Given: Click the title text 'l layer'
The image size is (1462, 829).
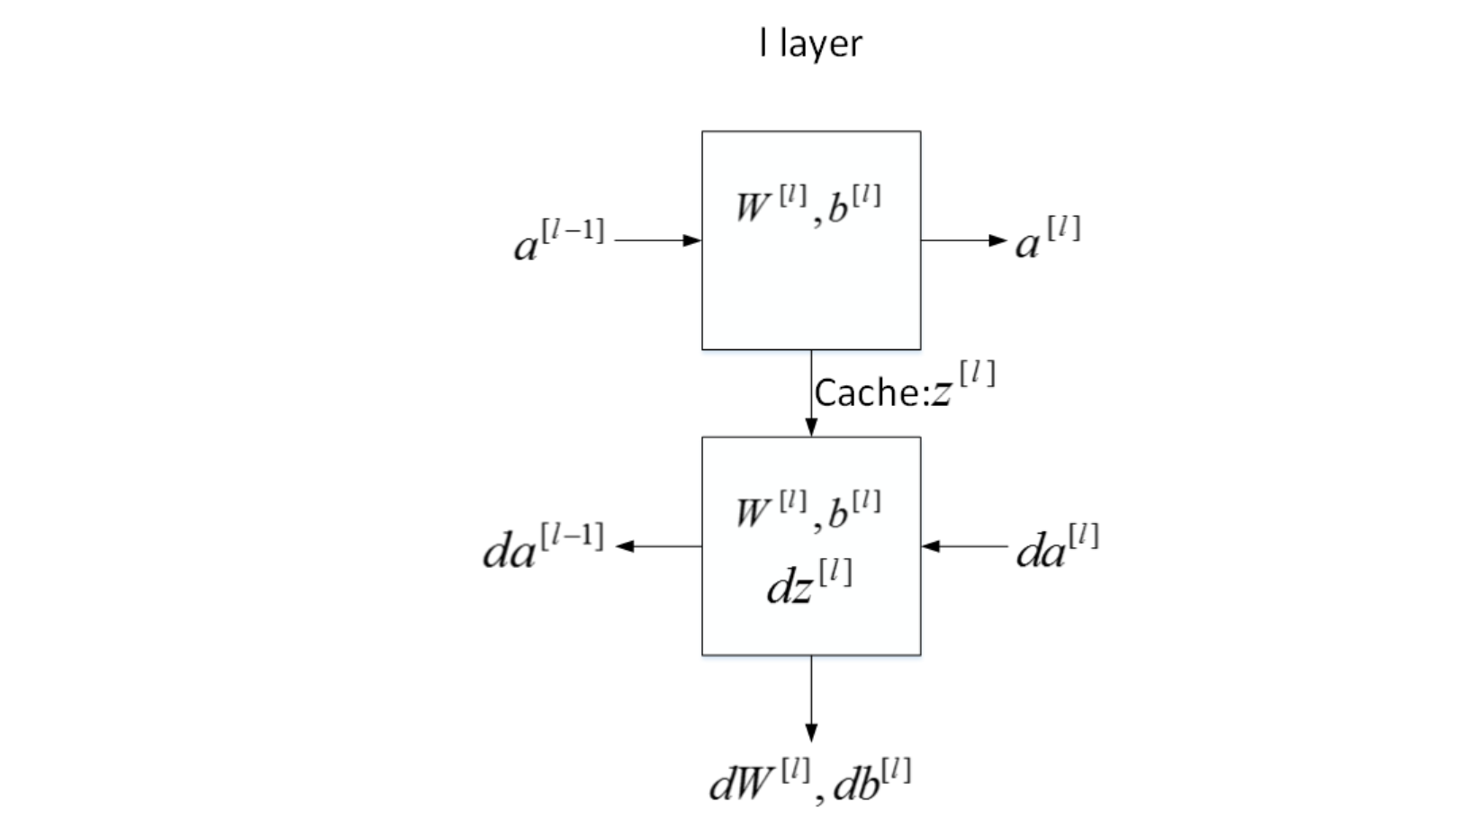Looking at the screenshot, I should coord(810,43).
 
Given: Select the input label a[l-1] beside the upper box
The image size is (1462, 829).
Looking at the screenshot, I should coord(558,240).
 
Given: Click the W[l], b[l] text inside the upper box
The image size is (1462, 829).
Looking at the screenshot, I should coord(808,204).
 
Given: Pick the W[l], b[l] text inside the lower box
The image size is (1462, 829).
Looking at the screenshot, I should coord(808,510).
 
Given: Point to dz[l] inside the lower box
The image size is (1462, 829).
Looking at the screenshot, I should coord(808,582).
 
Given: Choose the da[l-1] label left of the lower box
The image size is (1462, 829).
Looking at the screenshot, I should coord(543,546).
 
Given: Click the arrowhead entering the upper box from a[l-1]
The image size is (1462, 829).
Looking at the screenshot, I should coord(692,240).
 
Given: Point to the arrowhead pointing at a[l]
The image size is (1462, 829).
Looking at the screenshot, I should coord(997,240).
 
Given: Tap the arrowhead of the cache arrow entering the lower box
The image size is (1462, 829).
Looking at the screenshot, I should coord(811,427).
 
